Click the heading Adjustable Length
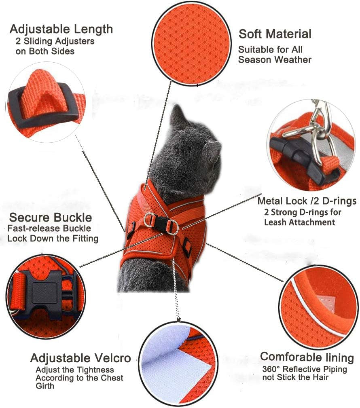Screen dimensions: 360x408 point(61,29)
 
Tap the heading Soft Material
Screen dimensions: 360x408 point(275,34)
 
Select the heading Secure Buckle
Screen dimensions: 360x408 point(50,218)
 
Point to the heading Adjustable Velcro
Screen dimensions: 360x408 point(80,358)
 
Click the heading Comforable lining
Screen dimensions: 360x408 point(307,357)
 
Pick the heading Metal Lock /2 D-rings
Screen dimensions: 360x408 point(307,201)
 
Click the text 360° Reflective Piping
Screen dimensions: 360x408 point(305,369)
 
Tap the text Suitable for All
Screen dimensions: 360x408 point(271,49)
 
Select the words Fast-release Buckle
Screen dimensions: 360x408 point(49,228)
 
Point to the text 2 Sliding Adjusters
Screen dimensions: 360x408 point(55,41)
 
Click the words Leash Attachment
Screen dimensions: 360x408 point(300,222)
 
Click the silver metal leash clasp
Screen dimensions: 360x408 point(320,130)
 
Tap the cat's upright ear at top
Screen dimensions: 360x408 point(177,115)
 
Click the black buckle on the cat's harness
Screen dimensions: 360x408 point(159,222)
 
